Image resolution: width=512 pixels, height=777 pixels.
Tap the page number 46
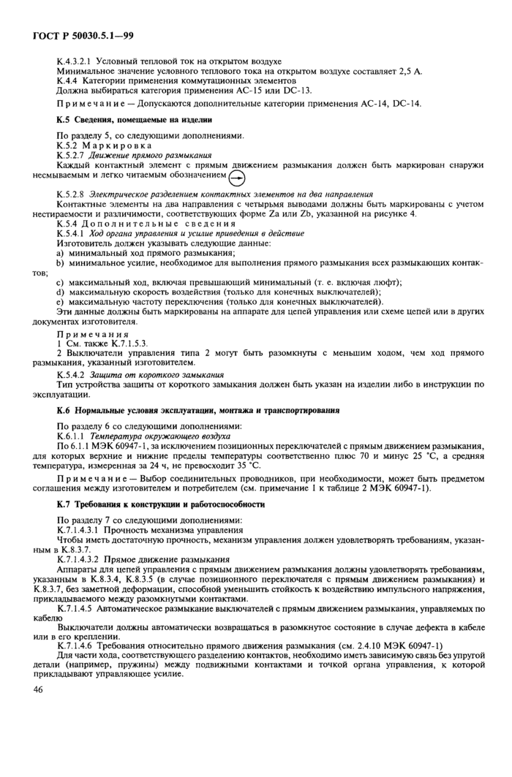(39, 689)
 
